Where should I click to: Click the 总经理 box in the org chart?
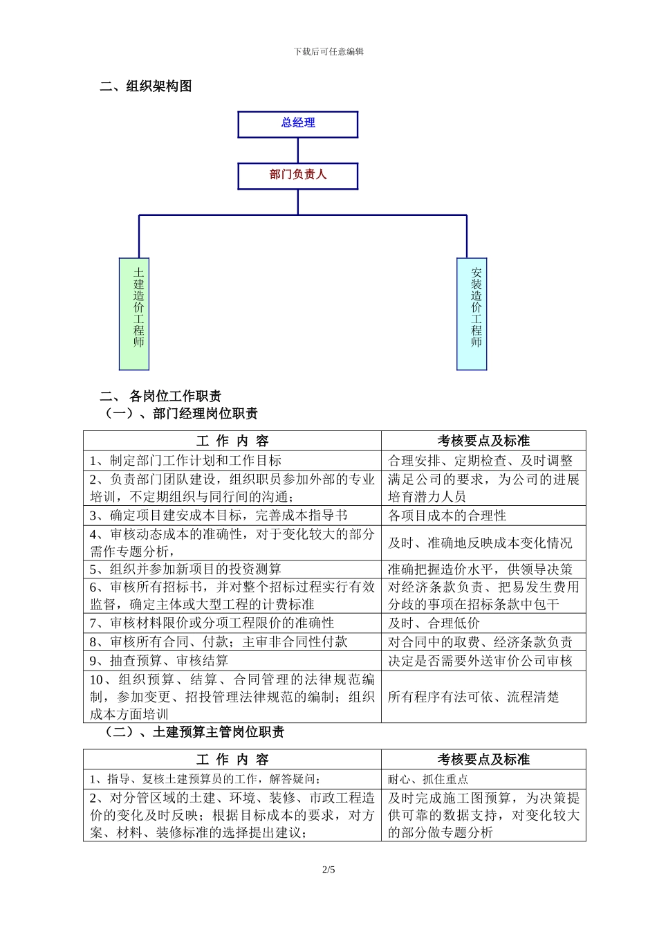tap(298, 124)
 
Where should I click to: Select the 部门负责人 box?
tap(298, 176)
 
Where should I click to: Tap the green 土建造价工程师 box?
tap(134, 313)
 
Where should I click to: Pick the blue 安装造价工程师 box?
tap(472, 313)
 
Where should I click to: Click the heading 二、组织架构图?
tap(146, 86)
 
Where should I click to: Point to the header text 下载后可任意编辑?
tap(328, 51)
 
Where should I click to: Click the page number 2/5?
tap(328, 870)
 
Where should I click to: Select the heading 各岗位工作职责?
tap(175, 396)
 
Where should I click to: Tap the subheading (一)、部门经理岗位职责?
tap(181, 414)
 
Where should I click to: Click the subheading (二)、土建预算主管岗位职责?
tap(194, 732)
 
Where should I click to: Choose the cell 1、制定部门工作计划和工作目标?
tap(185, 461)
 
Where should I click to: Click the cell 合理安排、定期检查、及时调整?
tap(481, 461)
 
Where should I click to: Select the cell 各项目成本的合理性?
tap(447, 516)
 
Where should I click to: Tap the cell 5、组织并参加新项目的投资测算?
tap(185, 569)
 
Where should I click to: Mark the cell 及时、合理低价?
tap(434, 623)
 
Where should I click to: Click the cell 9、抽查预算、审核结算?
tap(159, 661)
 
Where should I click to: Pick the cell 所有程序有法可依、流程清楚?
tap(474, 697)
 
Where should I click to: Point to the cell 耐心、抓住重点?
tap(428, 779)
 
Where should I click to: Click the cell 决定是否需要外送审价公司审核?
tap(481, 661)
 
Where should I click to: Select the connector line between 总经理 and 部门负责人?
tap(298, 150)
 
